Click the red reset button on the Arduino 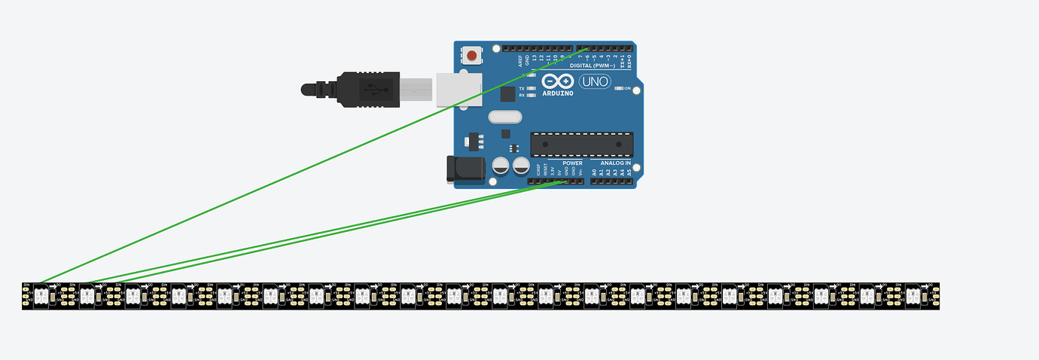coord(472,55)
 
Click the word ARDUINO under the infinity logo coord(557,93)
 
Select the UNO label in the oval coord(594,81)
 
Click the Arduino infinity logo coord(557,81)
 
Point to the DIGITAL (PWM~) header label coord(593,66)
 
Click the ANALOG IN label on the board coord(615,163)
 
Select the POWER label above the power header coord(572,163)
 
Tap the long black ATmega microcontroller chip coord(582,143)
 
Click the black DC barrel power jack coord(462,170)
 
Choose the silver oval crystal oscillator coord(504,117)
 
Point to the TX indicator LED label coord(522,88)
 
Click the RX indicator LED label coord(522,95)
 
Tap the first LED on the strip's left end coord(41,297)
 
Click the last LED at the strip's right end coord(913,297)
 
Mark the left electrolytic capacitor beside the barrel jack coord(501,165)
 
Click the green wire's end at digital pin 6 coord(587,49)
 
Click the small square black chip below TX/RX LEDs coord(508,93)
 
